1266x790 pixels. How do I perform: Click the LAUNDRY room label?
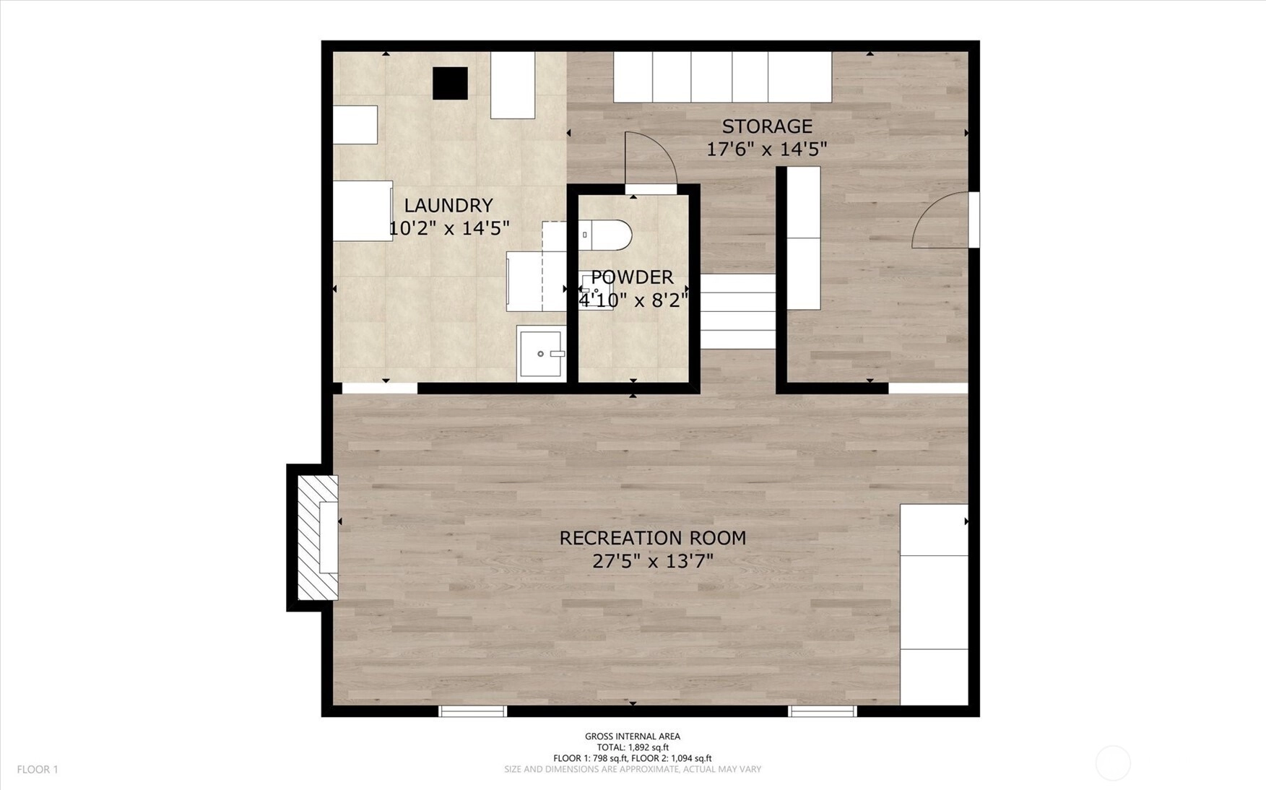(448, 205)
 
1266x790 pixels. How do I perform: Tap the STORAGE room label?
(767, 126)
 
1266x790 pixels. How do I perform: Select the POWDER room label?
(632, 277)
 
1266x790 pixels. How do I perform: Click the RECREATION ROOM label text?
(653, 538)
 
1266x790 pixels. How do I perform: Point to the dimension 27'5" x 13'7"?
(653, 561)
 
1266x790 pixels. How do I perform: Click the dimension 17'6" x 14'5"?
(766, 149)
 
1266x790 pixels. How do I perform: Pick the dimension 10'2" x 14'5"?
(449, 228)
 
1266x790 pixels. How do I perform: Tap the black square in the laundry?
(450, 83)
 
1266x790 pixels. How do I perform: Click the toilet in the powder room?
(605, 235)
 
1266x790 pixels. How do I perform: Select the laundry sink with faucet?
(542, 353)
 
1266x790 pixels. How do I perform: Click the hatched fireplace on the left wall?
(318, 537)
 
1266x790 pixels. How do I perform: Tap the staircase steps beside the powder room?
(738, 311)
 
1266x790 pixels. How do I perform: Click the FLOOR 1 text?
(38, 770)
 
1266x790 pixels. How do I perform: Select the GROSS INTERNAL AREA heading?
(633, 737)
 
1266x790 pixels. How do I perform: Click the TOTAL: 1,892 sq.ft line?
(633, 747)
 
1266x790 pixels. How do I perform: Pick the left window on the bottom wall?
(473, 711)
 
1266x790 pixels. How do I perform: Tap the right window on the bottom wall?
(823, 711)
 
